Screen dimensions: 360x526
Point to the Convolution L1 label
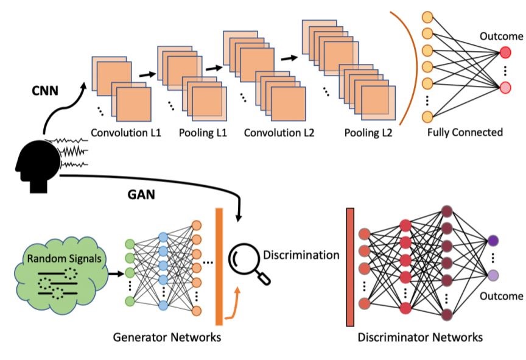point(125,131)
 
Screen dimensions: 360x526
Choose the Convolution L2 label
point(278,131)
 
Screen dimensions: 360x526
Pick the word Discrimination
point(301,255)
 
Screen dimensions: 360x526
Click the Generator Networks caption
point(166,336)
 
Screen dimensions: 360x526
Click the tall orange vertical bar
point(219,266)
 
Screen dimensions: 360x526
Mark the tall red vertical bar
point(350,266)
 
